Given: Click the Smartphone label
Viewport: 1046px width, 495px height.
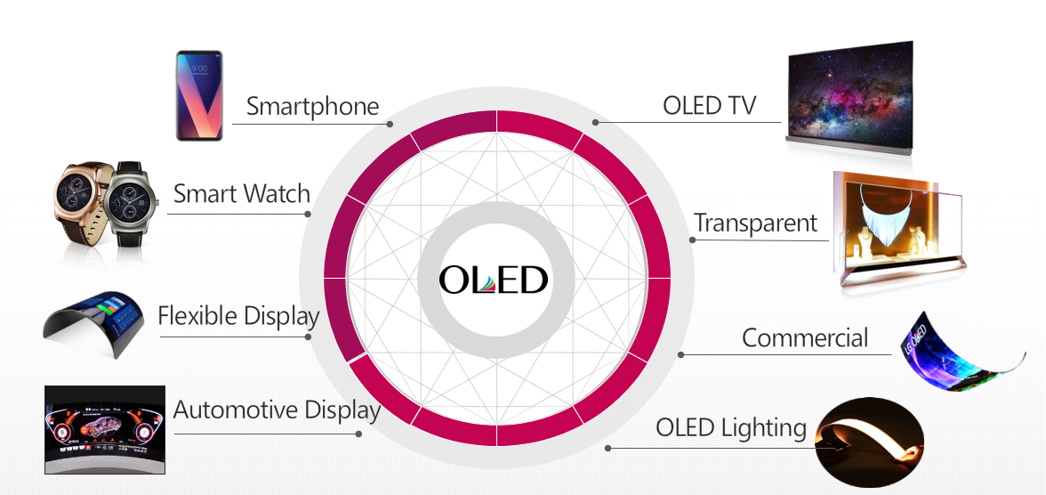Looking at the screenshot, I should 312,107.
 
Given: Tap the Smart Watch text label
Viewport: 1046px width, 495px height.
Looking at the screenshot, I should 241,194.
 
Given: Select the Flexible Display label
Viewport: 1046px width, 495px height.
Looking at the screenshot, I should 237,316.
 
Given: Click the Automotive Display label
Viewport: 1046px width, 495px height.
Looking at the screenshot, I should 277,410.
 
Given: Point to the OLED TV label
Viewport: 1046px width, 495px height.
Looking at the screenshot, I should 709,106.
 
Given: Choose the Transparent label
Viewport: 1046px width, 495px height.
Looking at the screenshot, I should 755,223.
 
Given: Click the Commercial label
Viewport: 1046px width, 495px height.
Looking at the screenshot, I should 805,338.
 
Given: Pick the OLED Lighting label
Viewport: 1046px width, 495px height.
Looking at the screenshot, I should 731,427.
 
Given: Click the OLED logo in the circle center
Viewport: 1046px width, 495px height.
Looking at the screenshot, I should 495,280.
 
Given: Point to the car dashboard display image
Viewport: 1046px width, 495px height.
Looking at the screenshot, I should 105,429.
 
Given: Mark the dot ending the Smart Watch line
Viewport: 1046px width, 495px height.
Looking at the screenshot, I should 308,214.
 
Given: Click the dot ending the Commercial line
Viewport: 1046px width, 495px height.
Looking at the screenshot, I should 680,354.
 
